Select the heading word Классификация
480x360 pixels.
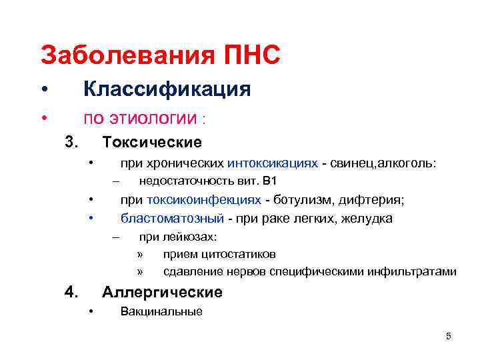pyautogui.click(x=166, y=89)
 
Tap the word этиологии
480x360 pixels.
pyautogui.click(x=153, y=119)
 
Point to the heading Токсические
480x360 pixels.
pyautogui.click(x=151, y=143)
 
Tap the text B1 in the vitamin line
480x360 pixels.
pyautogui.click(x=270, y=181)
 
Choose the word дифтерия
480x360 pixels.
pyautogui.click(x=376, y=200)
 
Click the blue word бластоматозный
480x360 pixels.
pyautogui.click(x=171, y=218)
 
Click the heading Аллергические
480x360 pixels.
pyautogui.click(x=162, y=292)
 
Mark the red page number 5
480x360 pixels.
pyautogui.click(x=449, y=336)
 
